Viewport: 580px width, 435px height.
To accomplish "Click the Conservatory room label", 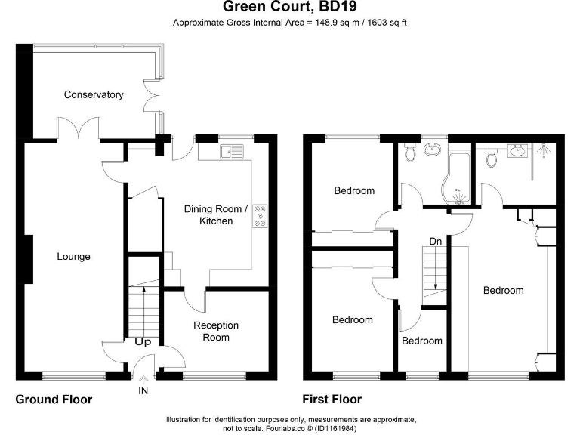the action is tap(94, 94).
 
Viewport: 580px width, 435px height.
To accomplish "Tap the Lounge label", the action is tap(73, 256).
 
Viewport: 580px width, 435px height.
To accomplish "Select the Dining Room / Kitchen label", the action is tap(216, 215).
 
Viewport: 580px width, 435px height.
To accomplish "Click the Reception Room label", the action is tap(216, 331).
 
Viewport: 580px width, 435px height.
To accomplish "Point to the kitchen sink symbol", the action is tap(232, 152).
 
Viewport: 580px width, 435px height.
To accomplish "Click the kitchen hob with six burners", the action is tap(260, 216).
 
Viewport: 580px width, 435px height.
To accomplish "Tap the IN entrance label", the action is tap(143, 390).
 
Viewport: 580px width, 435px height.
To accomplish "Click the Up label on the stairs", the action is tap(143, 342).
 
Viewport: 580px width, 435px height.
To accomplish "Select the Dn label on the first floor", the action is tap(435, 242).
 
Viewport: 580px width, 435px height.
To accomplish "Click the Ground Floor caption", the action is tap(54, 400).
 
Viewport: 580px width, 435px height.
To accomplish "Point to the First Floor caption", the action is tap(332, 400).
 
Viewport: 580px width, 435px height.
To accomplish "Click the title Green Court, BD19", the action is tap(290, 6).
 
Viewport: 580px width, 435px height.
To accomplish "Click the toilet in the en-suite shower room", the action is tap(491, 158).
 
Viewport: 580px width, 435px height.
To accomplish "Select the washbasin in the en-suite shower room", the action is tap(517, 151).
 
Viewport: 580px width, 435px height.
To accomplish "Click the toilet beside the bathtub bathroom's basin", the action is tap(410, 152).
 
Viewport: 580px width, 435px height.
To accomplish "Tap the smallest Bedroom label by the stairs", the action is tap(422, 341).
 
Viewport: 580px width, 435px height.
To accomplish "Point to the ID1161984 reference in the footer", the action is tap(335, 429).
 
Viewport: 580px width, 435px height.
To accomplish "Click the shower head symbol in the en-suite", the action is tap(544, 150).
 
